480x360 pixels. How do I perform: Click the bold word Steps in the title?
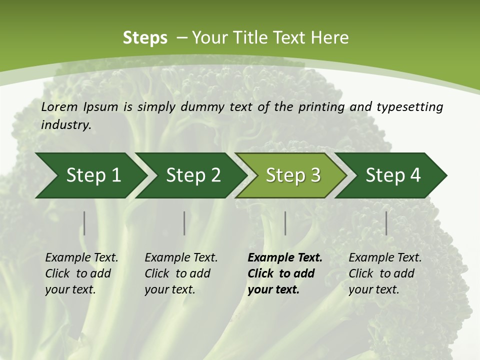pyautogui.click(x=145, y=38)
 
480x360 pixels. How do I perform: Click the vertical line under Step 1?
pyautogui.click(x=84, y=223)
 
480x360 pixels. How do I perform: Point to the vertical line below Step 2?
pyautogui.click(x=184, y=223)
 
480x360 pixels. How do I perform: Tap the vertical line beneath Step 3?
pyautogui.click(x=285, y=223)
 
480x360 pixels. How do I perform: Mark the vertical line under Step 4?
pyautogui.click(x=386, y=223)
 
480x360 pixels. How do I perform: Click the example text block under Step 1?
pyautogui.click(x=81, y=273)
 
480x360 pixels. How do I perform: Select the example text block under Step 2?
pyautogui.click(x=181, y=273)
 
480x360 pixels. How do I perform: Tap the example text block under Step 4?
pyautogui.click(x=385, y=273)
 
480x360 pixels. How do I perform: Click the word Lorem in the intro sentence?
pyautogui.click(x=59, y=107)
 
